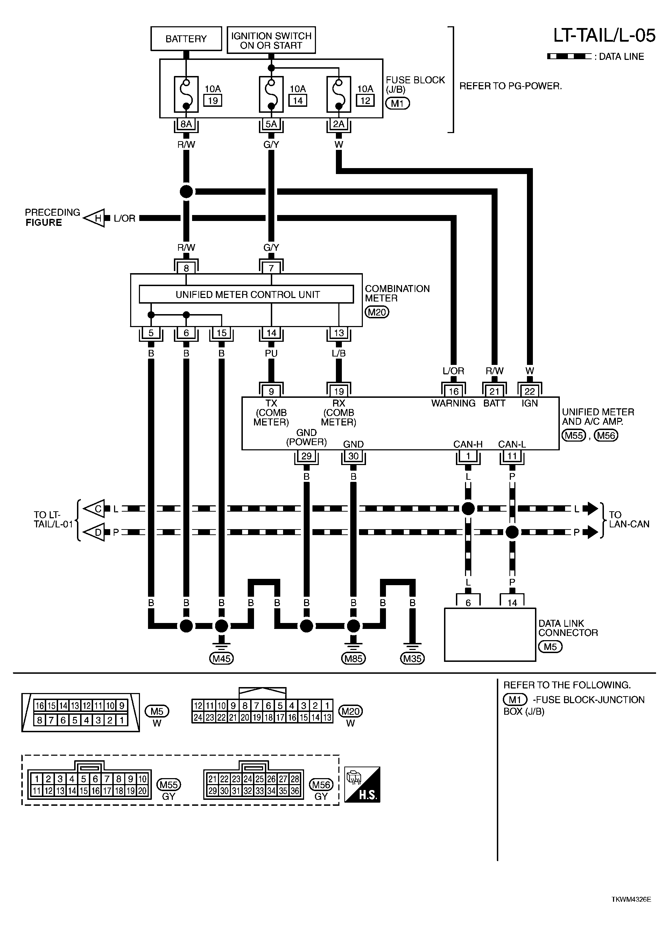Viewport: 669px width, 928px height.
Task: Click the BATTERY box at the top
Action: (186, 39)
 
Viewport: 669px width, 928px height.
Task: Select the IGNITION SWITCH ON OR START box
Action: (271, 40)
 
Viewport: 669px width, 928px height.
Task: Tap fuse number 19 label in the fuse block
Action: (213, 100)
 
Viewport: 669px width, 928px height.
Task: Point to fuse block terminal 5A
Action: (271, 124)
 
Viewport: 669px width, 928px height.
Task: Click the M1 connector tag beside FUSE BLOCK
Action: (397, 103)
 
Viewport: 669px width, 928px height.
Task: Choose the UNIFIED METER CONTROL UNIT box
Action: (247, 294)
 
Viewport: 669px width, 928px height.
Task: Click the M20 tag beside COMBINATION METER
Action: (376, 312)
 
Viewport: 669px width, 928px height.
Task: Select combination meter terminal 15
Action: (221, 333)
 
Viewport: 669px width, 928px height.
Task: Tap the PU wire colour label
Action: (271, 353)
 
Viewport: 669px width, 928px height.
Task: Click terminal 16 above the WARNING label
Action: (453, 391)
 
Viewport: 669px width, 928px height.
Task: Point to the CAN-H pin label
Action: (468, 444)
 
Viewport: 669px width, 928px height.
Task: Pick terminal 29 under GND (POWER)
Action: (306, 456)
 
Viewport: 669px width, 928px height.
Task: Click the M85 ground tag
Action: (353, 658)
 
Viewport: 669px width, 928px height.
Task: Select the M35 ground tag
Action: (412, 658)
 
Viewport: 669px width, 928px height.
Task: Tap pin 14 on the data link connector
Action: (512, 602)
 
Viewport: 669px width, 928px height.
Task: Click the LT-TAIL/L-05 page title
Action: (604, 36)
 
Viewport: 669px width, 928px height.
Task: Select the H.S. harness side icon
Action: (362, 784)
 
